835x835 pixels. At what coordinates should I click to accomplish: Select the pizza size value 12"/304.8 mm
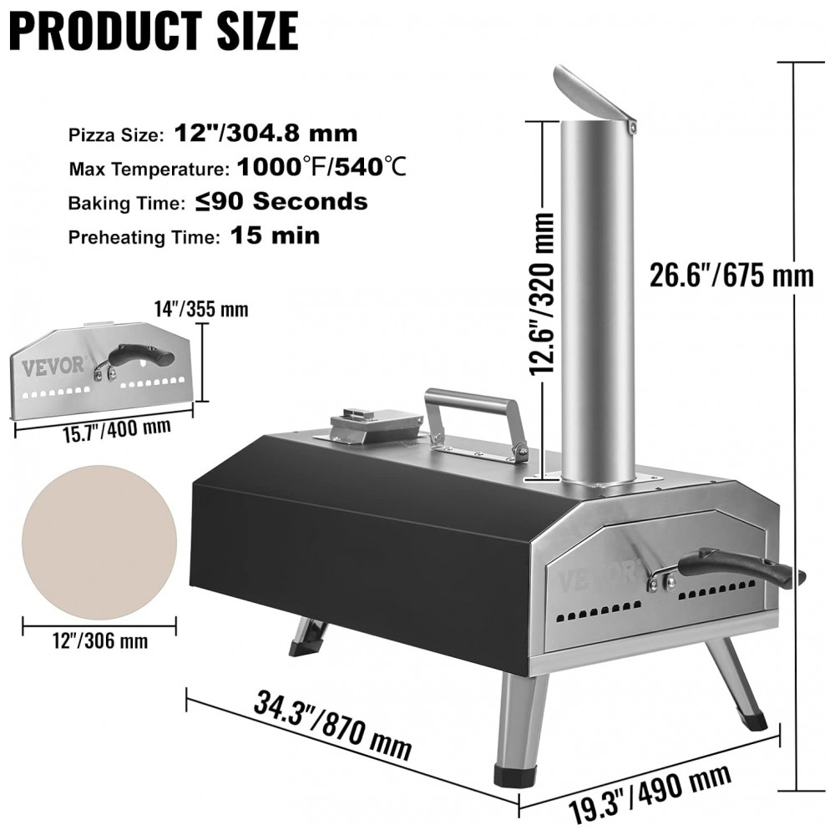266,133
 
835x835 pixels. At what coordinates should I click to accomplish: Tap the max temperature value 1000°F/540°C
321,167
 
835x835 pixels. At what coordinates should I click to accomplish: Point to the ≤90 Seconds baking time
281,201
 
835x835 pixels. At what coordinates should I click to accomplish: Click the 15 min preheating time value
276,235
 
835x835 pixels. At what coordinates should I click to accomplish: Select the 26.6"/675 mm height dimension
731,276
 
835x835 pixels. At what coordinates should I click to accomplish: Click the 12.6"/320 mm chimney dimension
542,293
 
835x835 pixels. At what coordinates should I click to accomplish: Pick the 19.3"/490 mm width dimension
649,792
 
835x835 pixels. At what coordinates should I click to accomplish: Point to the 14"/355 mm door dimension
201,309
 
